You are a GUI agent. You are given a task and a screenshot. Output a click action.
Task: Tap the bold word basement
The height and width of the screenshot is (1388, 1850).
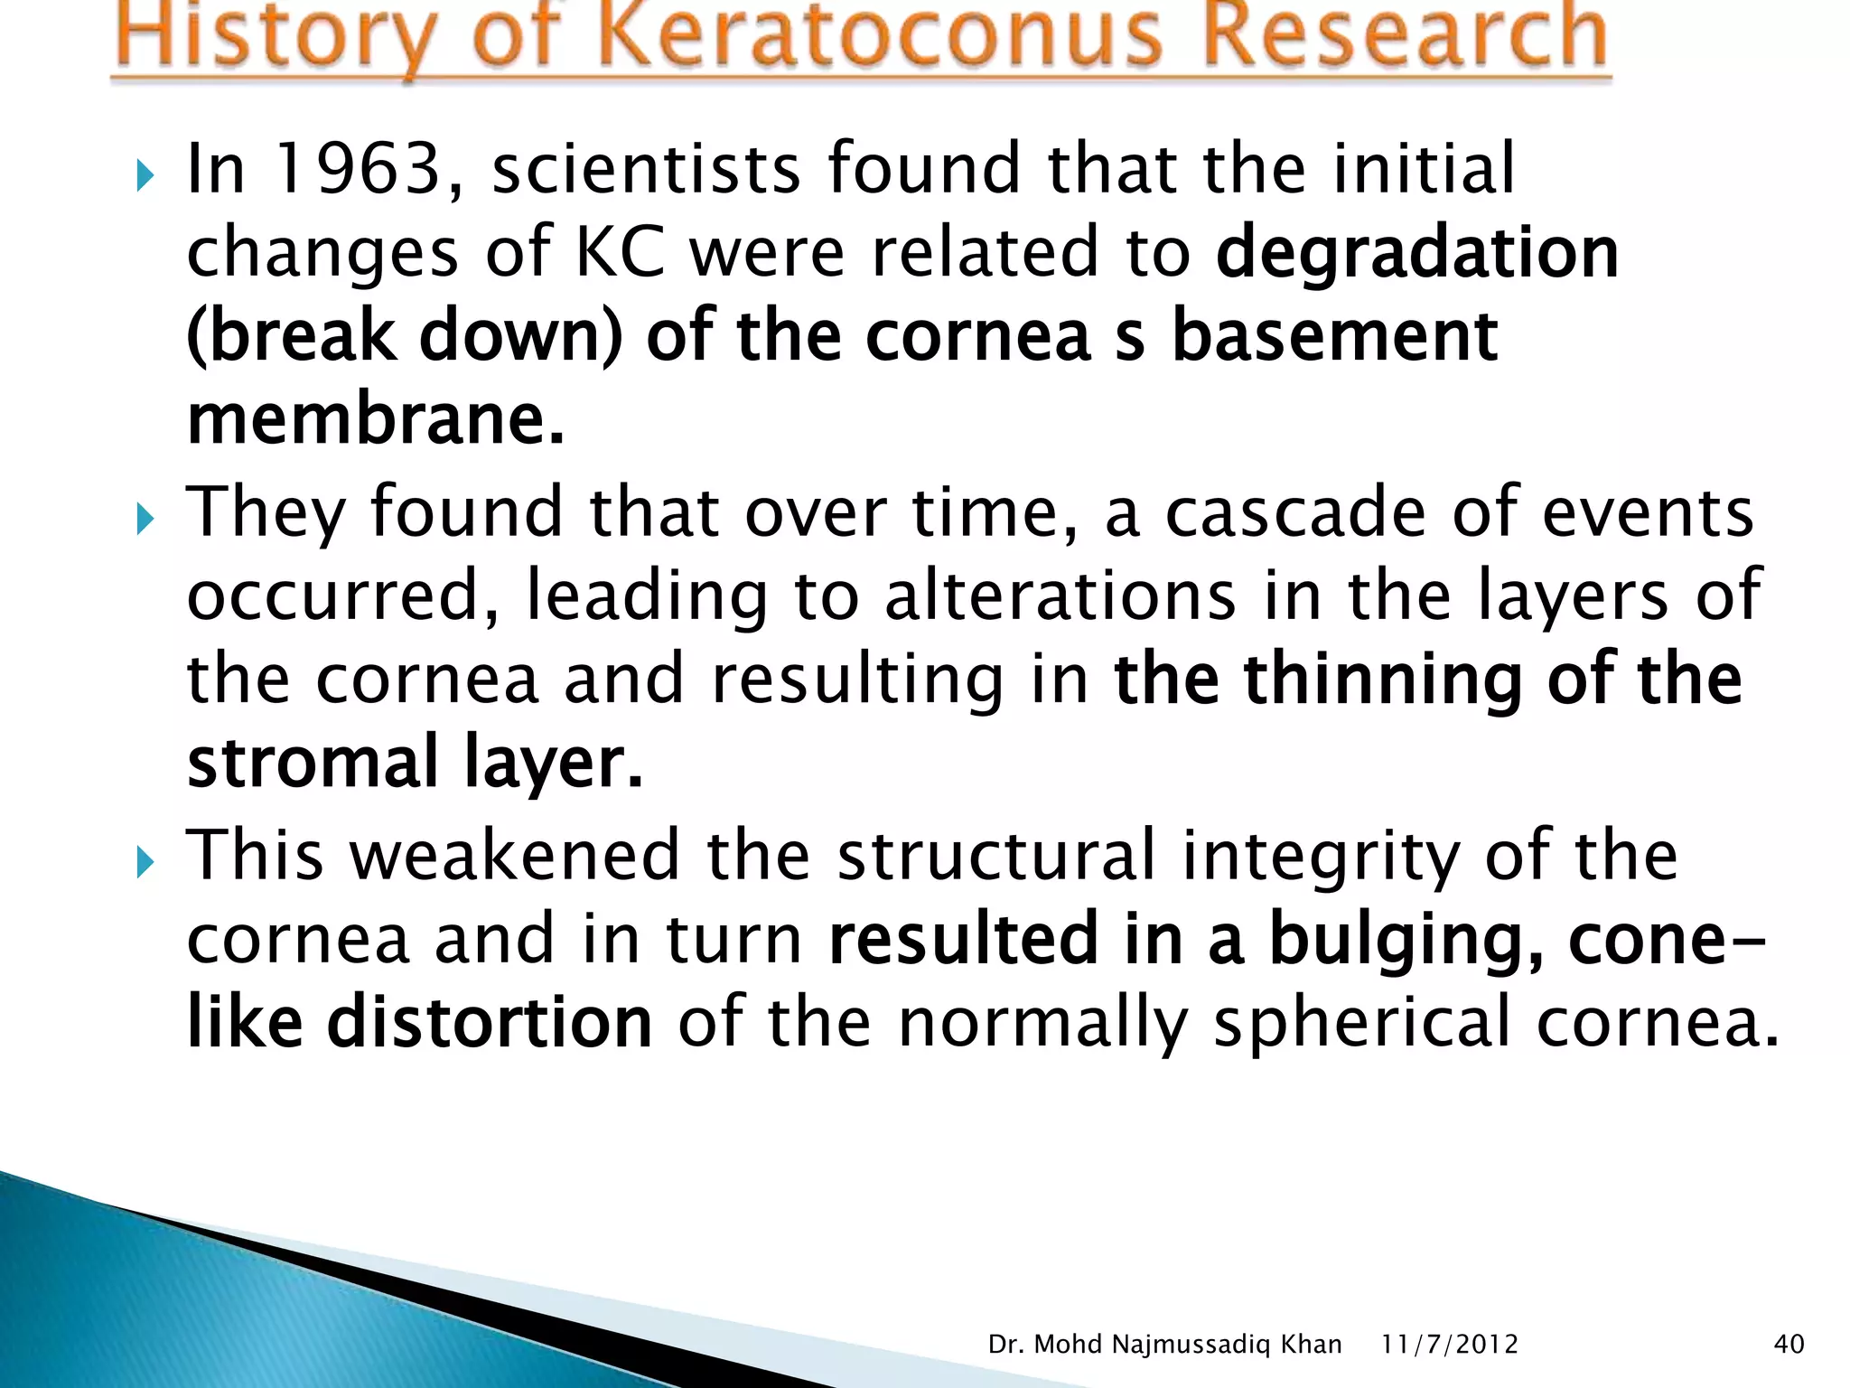tap(1334, 336)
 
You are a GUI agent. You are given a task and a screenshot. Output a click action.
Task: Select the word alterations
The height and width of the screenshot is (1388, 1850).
tap(1059, 596)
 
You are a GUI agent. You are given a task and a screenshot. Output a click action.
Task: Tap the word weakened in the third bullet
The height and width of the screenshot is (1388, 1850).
tap(514, 855)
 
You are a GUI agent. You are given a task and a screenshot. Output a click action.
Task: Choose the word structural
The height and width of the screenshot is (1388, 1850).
tap(995, 855)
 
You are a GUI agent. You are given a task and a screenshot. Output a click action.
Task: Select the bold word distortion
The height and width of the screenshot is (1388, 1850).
tap(489, 1022)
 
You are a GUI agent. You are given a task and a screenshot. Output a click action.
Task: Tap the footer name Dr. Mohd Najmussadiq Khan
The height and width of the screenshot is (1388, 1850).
tap(1164, 1345)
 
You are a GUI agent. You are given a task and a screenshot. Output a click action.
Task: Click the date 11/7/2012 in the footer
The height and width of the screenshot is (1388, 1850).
tap(1449, 1345)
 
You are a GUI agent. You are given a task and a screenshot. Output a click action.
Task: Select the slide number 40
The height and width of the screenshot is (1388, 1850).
tap(1789, 1345)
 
